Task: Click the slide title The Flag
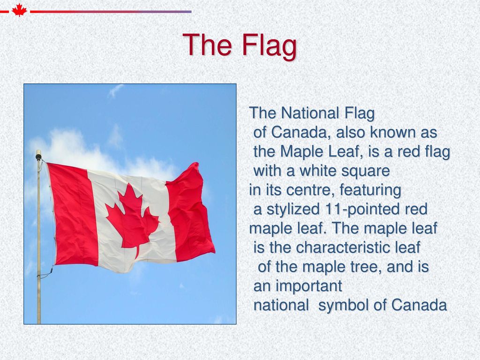pyautogui.click(x=240, y=45)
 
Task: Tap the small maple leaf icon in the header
pyautogui.click(x=19, y=10)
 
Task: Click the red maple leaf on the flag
pyautogui.click(x=132, y=218)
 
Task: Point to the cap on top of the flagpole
pyautogui.click(x=38, y=156)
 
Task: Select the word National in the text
pyautogui.click(x=310, y=113)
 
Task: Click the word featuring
pyautogui.click(x=370, y=190)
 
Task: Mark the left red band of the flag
pyautogui.click(x=73, y=214)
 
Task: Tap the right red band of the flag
pyautogui.click(x=189, y=214)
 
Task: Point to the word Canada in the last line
pyautogui.click(x=419, y=305)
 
